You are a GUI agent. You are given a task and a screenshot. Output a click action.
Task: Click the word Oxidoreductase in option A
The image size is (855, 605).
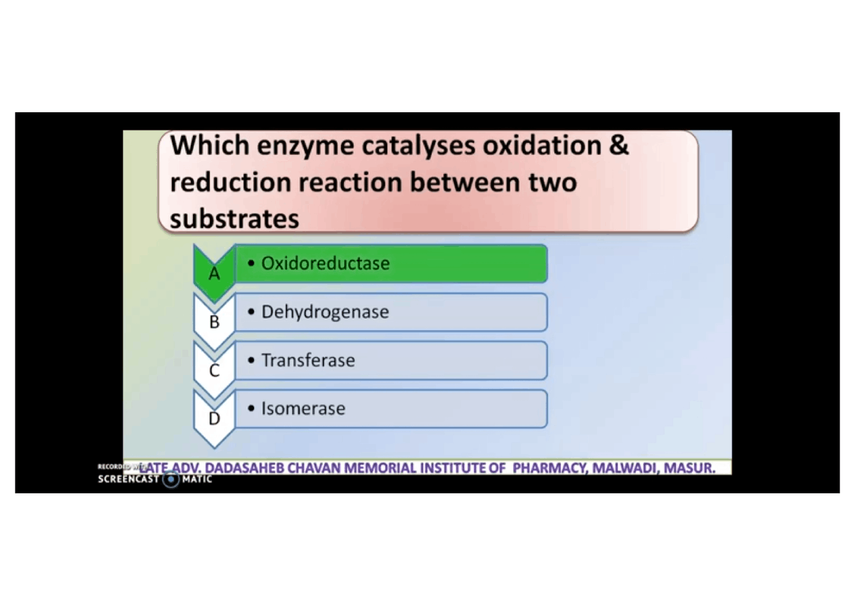325,263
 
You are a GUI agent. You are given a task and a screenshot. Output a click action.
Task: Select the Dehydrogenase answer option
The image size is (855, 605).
325,312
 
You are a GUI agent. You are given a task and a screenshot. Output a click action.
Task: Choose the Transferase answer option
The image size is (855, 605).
308,360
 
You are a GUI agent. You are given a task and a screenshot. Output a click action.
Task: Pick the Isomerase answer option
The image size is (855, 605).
303,408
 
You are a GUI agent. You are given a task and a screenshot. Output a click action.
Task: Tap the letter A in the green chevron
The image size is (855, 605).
214,273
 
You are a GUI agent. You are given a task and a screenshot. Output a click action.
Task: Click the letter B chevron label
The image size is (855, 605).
214,322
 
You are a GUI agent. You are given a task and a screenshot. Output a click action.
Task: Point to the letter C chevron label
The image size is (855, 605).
214,370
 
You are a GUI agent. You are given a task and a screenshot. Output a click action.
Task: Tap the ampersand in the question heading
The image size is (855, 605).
619,145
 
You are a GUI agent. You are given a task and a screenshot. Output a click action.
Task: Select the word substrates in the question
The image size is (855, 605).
234,219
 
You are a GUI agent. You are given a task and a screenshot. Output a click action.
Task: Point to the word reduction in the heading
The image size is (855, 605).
229,182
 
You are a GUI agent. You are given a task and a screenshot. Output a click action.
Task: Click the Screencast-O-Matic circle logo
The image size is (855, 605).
172,479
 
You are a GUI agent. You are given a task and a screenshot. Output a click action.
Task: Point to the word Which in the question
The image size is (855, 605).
209,145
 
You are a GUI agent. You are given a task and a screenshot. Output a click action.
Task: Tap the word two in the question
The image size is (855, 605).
551,182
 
